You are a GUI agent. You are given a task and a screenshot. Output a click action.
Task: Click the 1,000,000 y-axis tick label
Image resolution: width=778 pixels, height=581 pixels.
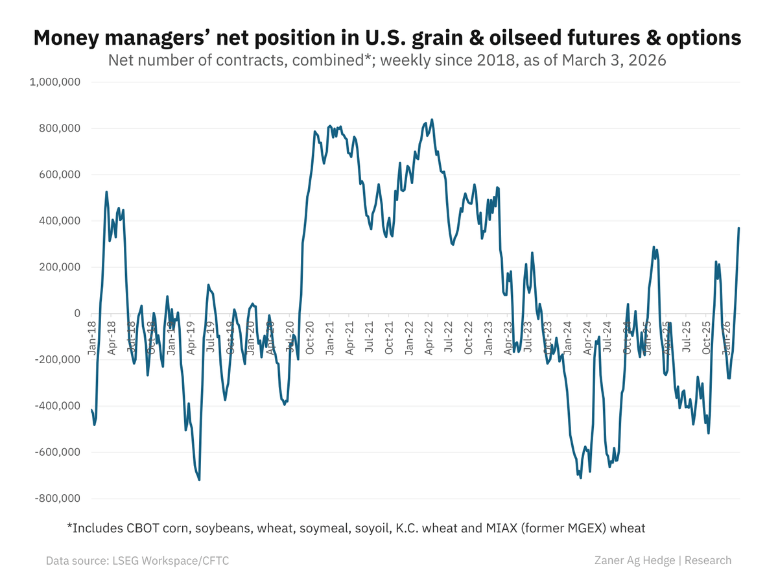coord(55,82)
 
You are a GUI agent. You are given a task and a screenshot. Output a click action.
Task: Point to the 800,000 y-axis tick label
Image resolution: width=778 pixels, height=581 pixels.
coord(58,128)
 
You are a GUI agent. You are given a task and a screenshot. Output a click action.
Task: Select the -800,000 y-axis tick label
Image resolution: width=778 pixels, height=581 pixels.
coord(56,499)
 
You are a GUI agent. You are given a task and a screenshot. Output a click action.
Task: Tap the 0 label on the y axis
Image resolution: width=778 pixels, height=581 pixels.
coord(77,313)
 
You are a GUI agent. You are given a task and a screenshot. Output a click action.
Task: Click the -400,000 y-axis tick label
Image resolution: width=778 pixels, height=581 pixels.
coord(56,406)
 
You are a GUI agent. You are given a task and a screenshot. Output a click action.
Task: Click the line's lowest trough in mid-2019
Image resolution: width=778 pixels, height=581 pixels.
coord(199,480)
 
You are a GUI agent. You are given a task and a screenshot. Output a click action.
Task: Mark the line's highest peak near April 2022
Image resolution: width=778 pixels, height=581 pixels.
coord(432,119)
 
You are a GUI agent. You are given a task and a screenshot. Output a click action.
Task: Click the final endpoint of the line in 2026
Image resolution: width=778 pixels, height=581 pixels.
coord(738,228)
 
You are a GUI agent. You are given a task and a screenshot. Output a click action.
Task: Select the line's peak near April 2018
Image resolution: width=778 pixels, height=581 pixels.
coord(106,192)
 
